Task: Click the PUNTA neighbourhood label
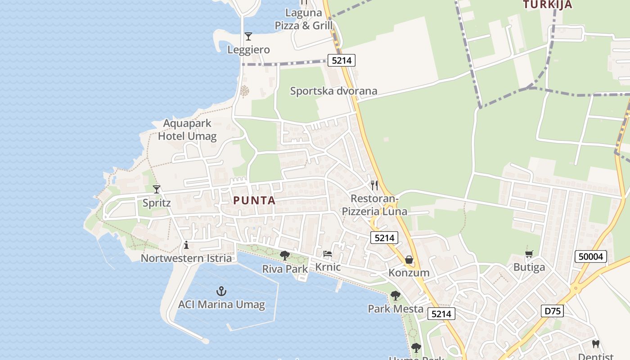[254, 201]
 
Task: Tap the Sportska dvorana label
[333, 91]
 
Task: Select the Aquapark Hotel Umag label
[187, 130]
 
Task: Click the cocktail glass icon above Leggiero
[248, 36]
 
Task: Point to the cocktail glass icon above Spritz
[157, 189]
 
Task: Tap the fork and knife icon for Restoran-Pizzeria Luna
[374, 185]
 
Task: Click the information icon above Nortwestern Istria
[186, 245]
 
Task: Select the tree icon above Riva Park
[285, 256]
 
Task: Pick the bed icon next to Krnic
[328, 254]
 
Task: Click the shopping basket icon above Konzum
[409, 260]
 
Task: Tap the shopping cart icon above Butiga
[529, 254]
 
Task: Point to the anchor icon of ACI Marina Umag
[221, 291]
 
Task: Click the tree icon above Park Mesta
[396, 296]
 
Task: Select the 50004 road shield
[591, 257]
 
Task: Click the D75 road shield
[552, 311]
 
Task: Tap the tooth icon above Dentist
[596, 344]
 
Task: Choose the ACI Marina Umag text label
[221, 305]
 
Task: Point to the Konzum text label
[409, 273]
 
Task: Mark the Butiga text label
[529, 267]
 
